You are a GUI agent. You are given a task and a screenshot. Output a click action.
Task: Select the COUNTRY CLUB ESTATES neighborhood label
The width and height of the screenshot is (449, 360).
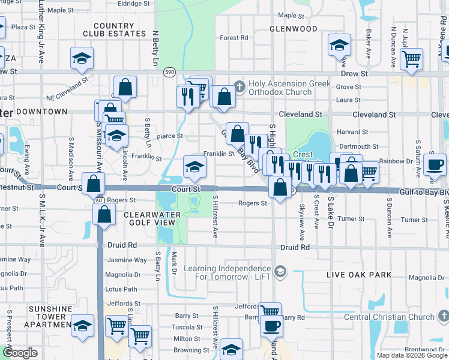point(113,30)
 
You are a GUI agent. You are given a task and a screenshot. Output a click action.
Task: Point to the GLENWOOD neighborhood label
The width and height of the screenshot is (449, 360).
point(294,29)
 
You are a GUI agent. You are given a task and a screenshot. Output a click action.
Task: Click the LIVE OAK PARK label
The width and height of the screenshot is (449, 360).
point(359,275)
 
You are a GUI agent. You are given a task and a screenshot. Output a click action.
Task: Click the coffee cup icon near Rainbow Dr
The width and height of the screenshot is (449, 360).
point(434,164)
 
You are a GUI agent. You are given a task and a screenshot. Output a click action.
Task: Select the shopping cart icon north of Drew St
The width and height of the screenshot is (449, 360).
point(411,59)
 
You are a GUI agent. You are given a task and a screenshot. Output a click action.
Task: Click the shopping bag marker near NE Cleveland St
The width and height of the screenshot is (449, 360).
point(125,87)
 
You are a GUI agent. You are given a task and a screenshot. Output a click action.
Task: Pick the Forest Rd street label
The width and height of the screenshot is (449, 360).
point(234,38)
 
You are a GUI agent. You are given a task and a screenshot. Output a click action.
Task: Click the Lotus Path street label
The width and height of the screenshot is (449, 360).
point(122,289)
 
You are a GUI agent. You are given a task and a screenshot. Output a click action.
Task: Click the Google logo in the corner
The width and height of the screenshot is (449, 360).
point(20,353)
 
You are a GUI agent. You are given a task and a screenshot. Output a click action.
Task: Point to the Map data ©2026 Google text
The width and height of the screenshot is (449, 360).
point(412,355)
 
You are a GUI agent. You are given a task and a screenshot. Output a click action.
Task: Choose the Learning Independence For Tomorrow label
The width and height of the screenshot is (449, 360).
point(227,272)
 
